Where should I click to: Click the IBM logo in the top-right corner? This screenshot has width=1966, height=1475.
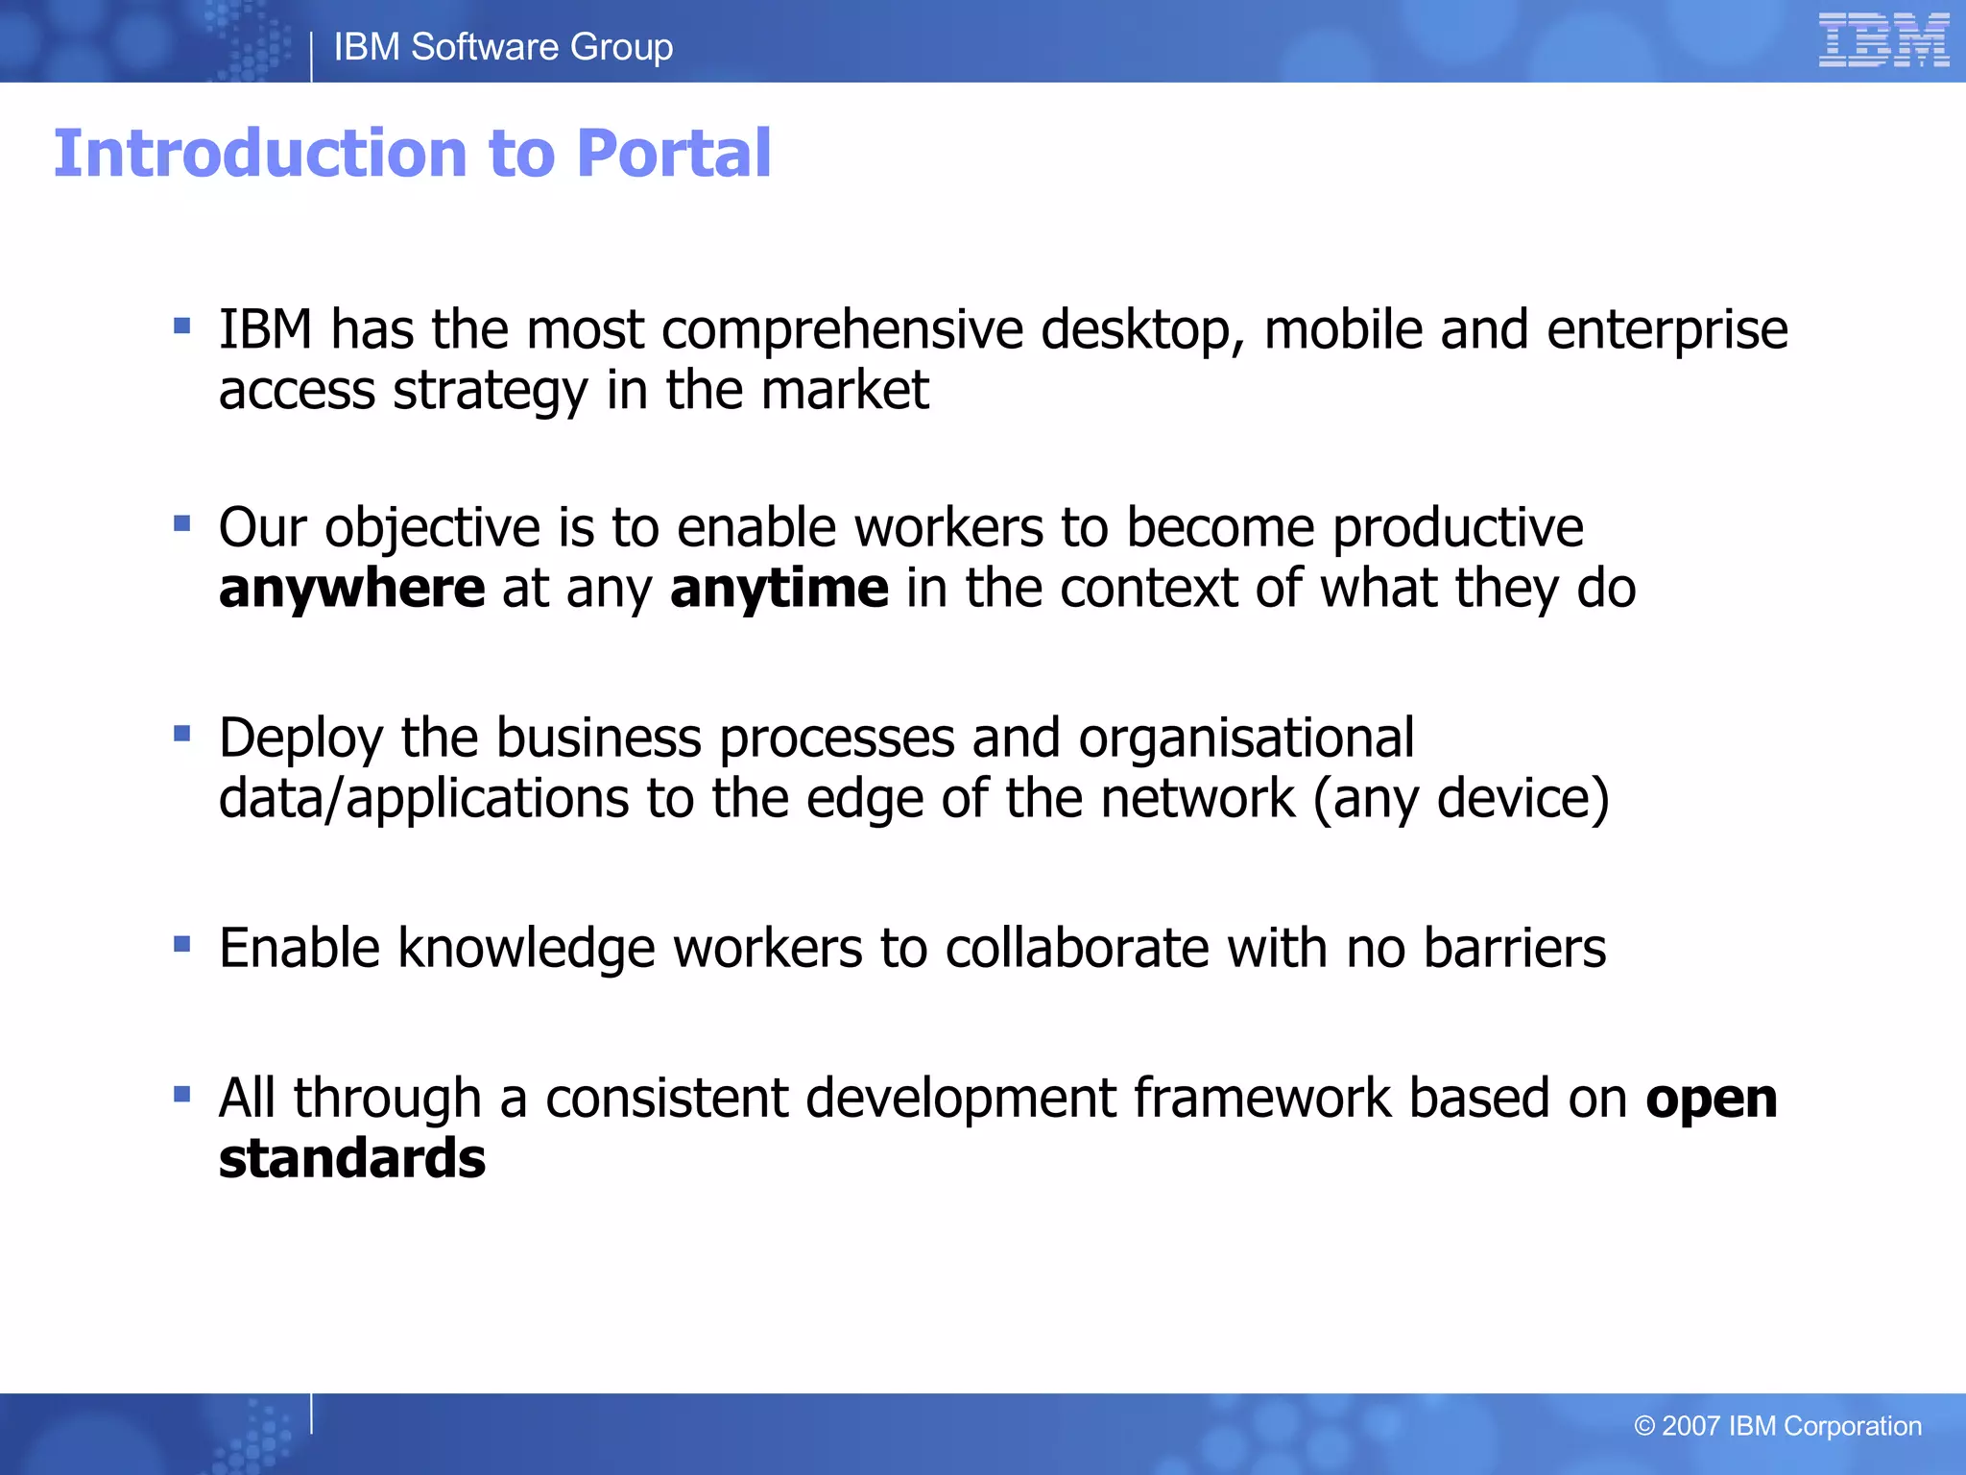tap(1882, 40)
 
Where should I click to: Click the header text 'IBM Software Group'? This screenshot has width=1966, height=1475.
tap(503, 47)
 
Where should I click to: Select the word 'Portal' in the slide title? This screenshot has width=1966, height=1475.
tap(674, 154)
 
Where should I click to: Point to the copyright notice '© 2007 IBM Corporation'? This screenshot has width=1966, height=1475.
tap(1777, 1426)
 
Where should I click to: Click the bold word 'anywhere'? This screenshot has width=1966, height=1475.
tap(351, 589)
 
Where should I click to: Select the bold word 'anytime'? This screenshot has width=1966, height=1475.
tap(779, 589)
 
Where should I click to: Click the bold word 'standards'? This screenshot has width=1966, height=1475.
tap(351, 1159)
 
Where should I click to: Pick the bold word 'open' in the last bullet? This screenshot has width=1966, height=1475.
tap(1711, 1100)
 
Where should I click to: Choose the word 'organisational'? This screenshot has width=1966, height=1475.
tap(1245, 738)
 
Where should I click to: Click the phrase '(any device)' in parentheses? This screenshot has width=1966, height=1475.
tap(1460, 799)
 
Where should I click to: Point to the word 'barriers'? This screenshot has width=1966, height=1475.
tap(1514, 949)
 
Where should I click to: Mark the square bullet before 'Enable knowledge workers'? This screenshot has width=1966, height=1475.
tap(182, 944)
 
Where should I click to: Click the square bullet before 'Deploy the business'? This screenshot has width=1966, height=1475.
tap(182, 735)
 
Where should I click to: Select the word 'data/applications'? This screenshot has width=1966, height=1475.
tap(422, 799)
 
